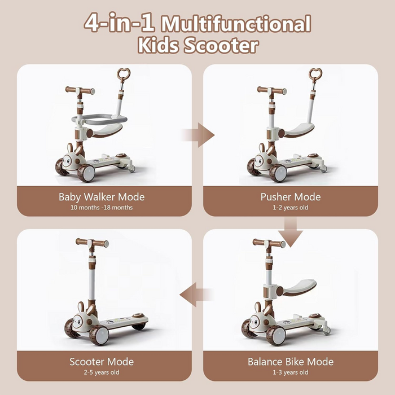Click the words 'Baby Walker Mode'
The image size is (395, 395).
click(102, 197)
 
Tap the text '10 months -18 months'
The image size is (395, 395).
click(102, 208)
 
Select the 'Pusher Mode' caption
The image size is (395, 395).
click(291, 197)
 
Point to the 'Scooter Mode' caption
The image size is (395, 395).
click(102, 362)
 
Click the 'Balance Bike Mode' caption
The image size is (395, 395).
click(291, 362)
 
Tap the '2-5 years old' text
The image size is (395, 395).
click(102, 372)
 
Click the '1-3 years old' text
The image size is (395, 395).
click(291, 372)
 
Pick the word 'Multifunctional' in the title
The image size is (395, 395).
click(236, 24)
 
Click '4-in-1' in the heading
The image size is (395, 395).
click(118, 23)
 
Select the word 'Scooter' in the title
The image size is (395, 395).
click(221, 45)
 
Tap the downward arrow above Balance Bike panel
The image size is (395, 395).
click(291, 232)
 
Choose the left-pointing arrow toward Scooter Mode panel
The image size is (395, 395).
click(196, 295)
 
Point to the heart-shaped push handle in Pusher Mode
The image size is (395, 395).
click(315, 73)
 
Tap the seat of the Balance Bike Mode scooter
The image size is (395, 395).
click(297, 287)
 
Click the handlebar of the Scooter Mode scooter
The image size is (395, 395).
click(92, 242)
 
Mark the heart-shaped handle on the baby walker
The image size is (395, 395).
click(124, 73)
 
